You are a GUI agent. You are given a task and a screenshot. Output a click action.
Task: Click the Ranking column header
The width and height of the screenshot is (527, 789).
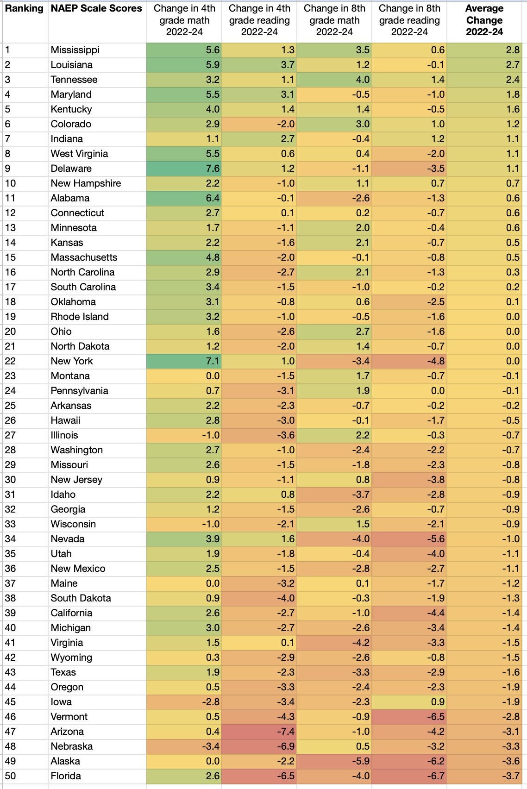click(x=24, y=8)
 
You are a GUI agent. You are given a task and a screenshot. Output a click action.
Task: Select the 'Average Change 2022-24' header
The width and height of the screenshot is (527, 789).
click(x=484, y=20)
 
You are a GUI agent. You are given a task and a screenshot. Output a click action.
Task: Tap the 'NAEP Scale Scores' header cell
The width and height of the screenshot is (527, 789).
click(x=96, y=8)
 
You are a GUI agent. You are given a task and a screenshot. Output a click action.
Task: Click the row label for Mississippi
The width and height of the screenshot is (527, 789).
click(x=75, y=50)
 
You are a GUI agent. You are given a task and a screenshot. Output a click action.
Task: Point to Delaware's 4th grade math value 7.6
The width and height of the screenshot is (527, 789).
click(x=213, y=169)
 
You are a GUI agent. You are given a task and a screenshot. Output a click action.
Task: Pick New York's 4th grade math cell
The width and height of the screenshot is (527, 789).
click(x=213, y=361)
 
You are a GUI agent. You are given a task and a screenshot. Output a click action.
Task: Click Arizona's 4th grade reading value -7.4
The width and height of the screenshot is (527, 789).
click(x=286, y=732)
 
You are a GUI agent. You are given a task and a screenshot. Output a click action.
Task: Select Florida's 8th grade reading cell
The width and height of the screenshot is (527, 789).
click(x=436, y=776)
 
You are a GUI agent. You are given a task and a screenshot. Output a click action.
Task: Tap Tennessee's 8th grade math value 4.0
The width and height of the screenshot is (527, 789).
click(x=362, y=80)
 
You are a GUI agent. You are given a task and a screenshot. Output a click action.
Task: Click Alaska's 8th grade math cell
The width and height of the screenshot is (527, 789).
click(x=361, y=761)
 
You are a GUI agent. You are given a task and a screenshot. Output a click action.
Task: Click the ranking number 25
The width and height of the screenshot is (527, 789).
click(x=10, y=406)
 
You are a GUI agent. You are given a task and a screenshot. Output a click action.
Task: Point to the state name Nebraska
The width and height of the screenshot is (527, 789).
click(x=72, y=746)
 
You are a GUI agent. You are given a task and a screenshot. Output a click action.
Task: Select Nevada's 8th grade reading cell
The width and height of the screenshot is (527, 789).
click(x=436, y=539)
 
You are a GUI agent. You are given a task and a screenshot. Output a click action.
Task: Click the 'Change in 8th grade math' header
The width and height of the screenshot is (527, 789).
click(x=334, y=20)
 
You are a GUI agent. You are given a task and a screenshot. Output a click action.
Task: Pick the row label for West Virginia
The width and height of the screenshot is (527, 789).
click(x=79, y=154)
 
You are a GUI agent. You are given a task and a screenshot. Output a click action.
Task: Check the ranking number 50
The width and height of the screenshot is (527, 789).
click(x=10, y=776)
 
